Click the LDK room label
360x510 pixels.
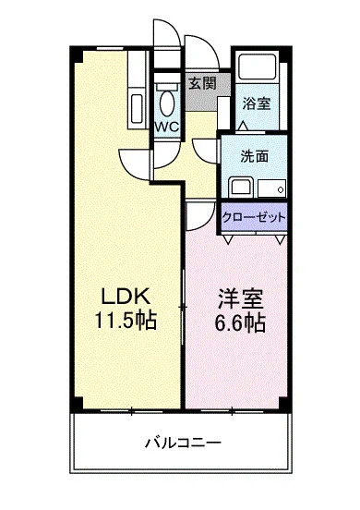(126, 297)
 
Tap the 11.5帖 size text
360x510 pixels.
(126, 320)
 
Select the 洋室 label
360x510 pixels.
(240, 298)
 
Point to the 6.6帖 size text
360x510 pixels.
(240, 322)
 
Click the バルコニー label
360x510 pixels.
(183, 443)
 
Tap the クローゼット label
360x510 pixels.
(254, 216)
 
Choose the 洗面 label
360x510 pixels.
(255, 156)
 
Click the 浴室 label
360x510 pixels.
(257, 103)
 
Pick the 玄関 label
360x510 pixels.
(202, 83)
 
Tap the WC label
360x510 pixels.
(167, 127)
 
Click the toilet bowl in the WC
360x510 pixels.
(167, 103)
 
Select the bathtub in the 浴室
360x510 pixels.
(257, 66)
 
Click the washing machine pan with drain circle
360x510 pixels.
(272, 188)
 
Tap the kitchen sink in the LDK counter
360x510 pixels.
(137, 109)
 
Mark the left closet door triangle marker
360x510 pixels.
(228, 239)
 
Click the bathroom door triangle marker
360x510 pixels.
(244, 126)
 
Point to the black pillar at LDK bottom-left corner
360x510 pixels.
(77, 404)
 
